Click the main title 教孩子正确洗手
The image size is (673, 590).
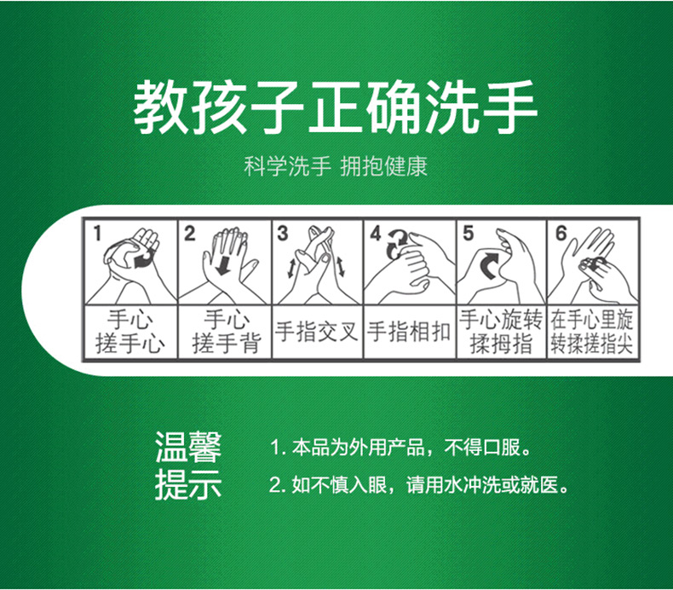pyautogui.click(x=335, y=107)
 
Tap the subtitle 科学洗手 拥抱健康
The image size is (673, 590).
pyautogui.click(x=336, y=167)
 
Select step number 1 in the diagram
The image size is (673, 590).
pyautogui.click(x=98, y=234)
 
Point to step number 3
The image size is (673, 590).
pyautogui.click(x=282, y=234)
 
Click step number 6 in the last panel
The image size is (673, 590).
pyautogui.click(x=561, y=234)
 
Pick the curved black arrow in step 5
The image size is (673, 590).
pyautogui.click(x=489, y=265)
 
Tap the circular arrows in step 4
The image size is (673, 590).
pyautogui.click(x=397, y=244)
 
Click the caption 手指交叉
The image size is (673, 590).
pyautogui.click(x=317, y=332)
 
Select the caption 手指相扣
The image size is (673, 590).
pyautogui.click(x=409, y=332)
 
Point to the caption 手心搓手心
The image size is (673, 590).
pyautogui.click(x=130, y=332)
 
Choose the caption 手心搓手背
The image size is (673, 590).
pyautogui.click(x=227, y=332)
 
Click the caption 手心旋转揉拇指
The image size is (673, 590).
pyautogui.click(x=501, y=332)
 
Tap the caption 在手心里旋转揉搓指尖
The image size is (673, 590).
pyautogui.click(x=592, y=332)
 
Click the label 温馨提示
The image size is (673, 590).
pyautogui.click(x=188, y=466)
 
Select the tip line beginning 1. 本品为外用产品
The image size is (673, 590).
pyautogui.click(x=401, y=448)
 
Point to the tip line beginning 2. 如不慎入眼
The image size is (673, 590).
pyautogui.click(x=419, y=485)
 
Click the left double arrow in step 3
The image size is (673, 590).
pyautogui.click(x=291, y=268)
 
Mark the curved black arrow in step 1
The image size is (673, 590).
pyautogui.click(x=141, y=259)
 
